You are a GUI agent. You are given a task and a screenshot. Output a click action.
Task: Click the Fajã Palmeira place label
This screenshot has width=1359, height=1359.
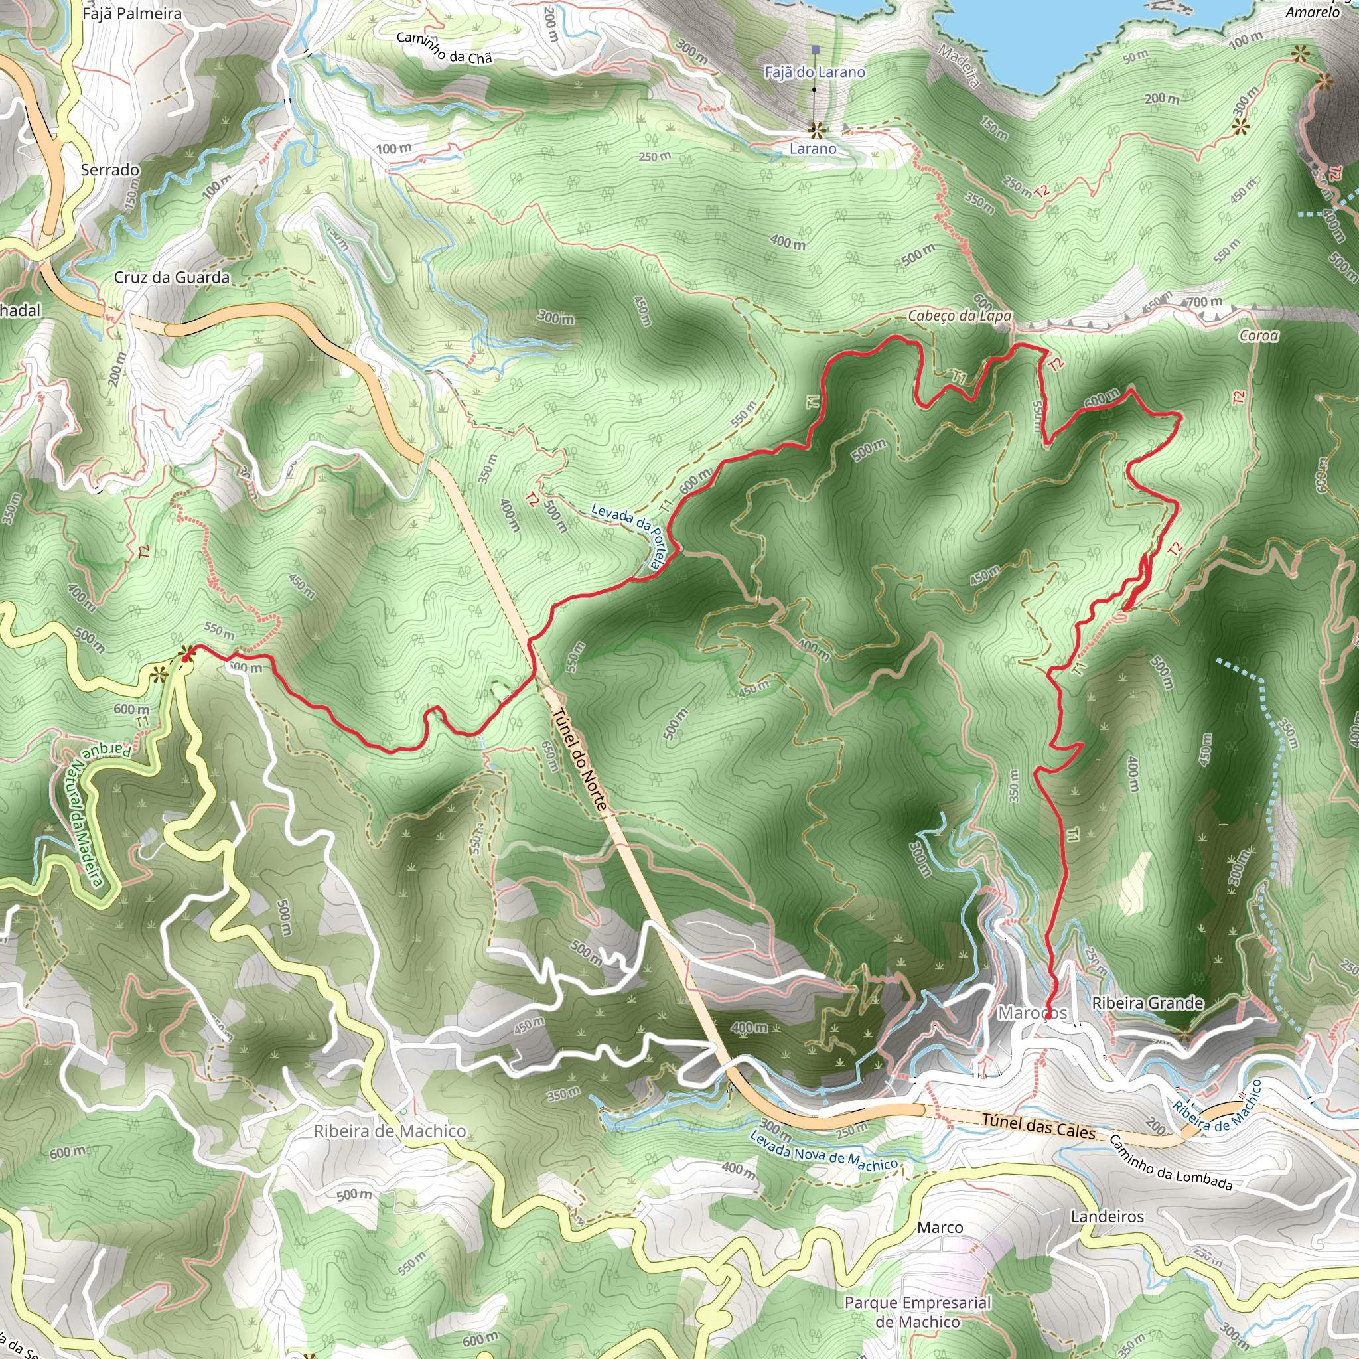coord(131,13)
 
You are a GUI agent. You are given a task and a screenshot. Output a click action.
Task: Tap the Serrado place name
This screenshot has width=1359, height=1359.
coord(109,169)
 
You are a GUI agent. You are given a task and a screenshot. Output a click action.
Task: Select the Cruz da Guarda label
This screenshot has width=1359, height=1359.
coord(172,277)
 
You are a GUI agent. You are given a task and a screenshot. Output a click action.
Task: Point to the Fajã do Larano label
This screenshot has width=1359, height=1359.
coord(815,72)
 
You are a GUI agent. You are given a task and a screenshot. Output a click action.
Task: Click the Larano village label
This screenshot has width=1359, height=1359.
coord(812,149)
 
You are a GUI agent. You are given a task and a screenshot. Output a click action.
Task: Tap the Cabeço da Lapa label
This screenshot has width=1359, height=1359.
coord(960,315)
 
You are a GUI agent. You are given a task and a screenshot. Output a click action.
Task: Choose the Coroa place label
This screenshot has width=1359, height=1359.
coord(1258,336)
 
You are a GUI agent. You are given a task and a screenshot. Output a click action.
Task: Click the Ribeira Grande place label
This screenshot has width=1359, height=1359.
coord(1147,1003)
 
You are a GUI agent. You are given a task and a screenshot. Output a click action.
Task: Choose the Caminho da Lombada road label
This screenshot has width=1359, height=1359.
coord(1171,1163)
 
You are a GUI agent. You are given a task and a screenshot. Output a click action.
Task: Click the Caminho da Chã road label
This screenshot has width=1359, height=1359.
coord(444,48)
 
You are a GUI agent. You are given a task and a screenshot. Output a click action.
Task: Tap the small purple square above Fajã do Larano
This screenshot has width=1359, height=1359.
coord(816,50)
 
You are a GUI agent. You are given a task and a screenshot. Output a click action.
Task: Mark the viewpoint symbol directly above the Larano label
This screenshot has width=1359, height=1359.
coord(816,129)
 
